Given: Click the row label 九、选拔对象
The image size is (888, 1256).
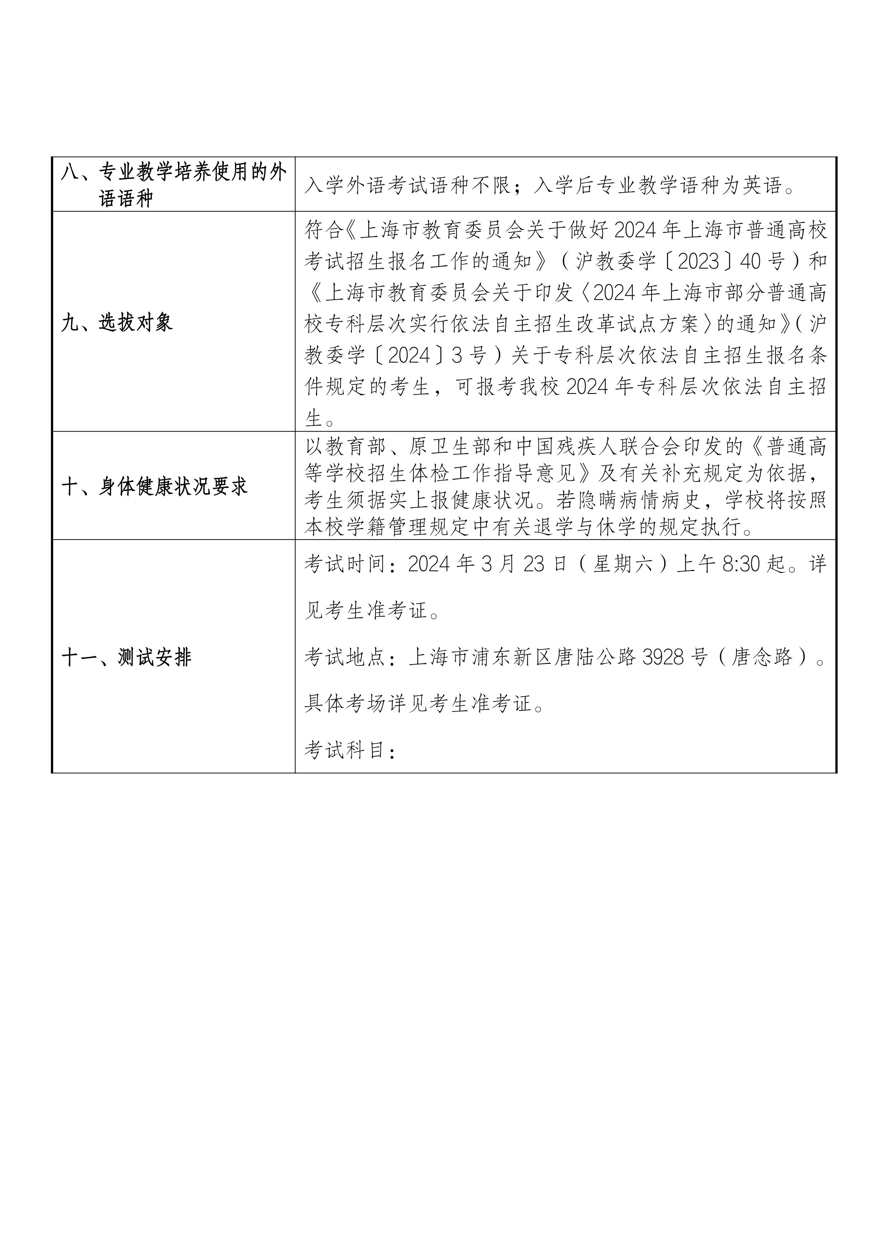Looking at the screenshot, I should [117, 323].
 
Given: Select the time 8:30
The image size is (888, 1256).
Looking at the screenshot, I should [741, 564].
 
